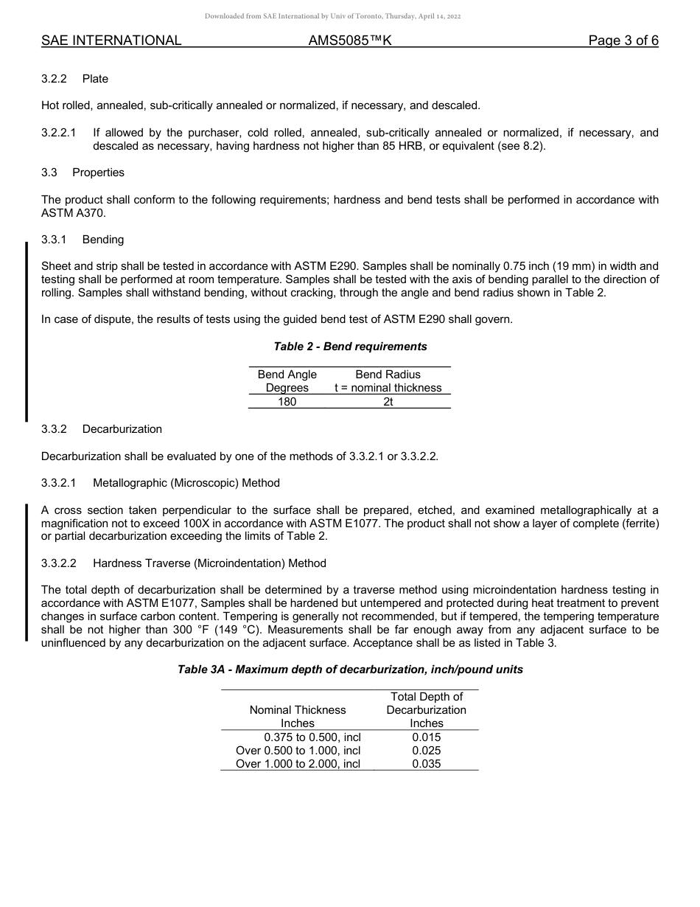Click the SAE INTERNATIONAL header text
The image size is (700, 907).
[x=111, y=41]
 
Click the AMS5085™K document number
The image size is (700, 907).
[x=349, y=41]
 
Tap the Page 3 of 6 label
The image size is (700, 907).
[x=623, y=41]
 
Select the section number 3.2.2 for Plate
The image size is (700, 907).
[x=55, y=79]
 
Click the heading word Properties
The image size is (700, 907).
[x=98, y=173]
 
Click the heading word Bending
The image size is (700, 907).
[x=103, y=240]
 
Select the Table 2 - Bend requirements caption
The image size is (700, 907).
[x=350, y=347]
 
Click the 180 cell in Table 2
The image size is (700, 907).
[x=287, y=402]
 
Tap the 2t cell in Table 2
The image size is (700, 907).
[x=388, y=402]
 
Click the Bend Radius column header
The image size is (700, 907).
[x=388, y=375]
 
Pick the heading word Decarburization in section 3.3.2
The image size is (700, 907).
[x=122, y=429]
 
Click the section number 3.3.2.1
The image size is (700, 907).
[x=59, y=483]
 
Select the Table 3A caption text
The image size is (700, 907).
[x=350, y=670]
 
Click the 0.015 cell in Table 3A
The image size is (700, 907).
[x=426, y=737]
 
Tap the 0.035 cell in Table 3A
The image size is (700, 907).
[x=426, y=764]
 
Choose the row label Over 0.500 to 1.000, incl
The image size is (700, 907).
[x=298, y=750]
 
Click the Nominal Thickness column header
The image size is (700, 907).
[x=298, y=710]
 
